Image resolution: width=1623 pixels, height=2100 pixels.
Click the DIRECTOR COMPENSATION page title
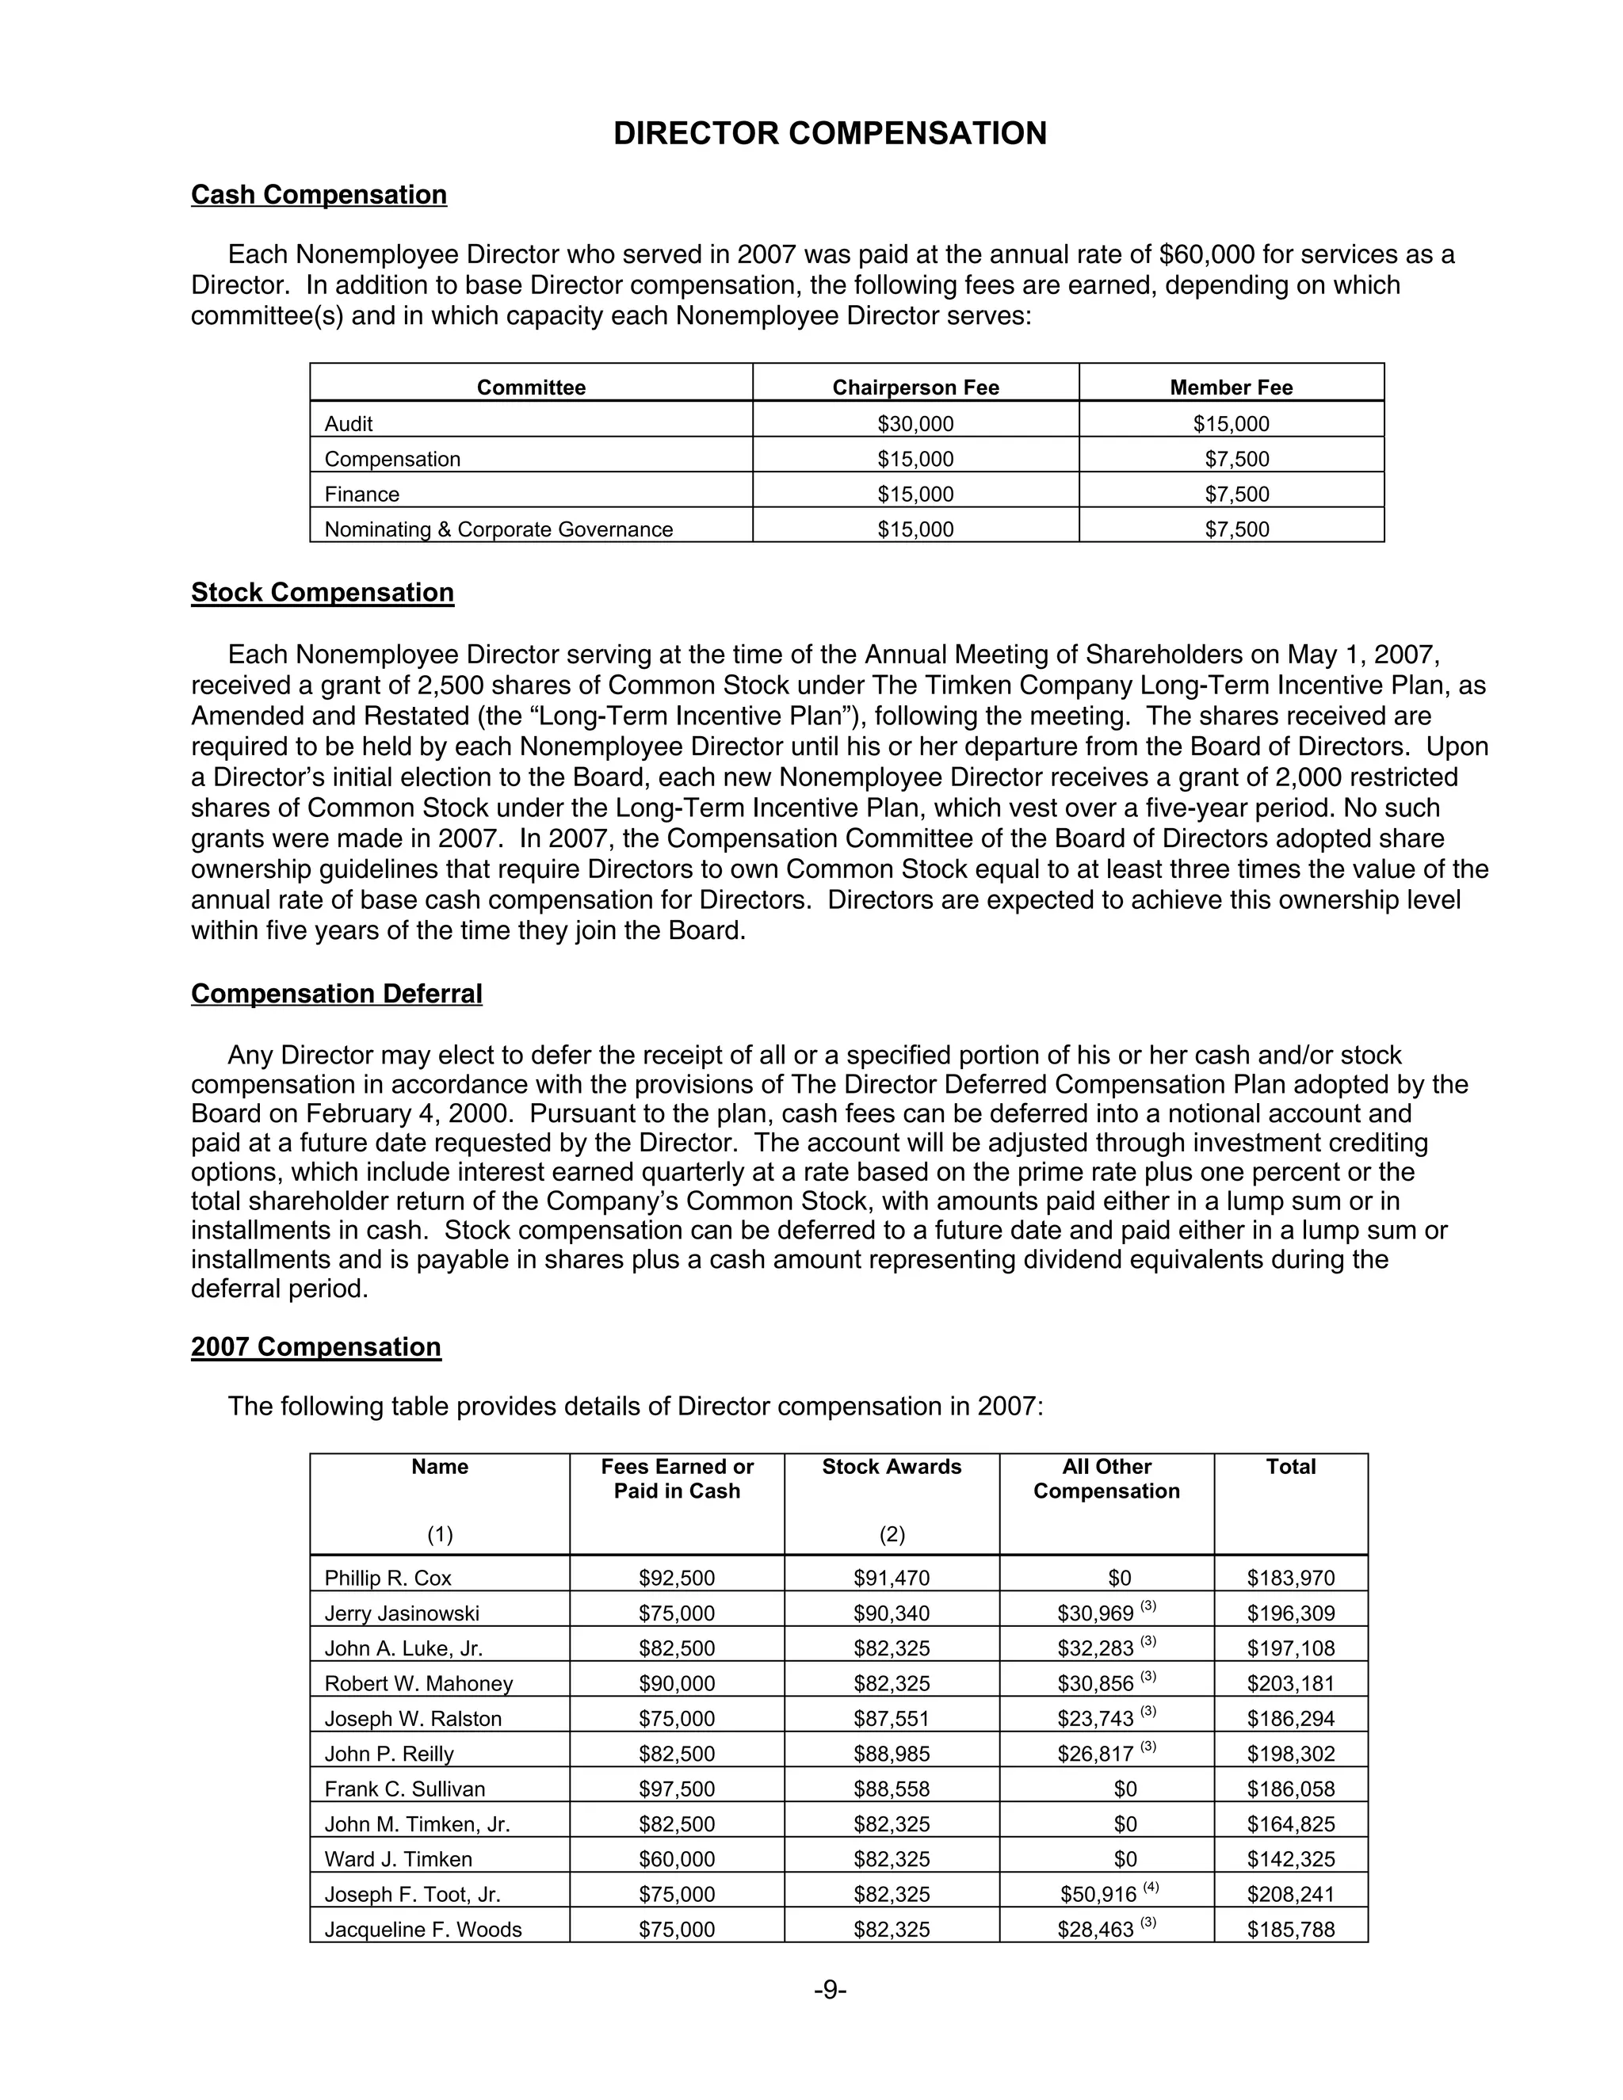pyautogui.click(x=830, y=134)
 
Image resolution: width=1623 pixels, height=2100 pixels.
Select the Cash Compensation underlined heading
pyautogui.click(x=319, y=195)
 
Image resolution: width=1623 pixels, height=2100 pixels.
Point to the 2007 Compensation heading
pyautogui.click(x=315, y=1347)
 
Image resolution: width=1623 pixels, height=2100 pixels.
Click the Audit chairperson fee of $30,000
pyautogui.click(x=915, y=424)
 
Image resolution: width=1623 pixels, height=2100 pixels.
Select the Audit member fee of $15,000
pyautogui.click(x=1231, y=424)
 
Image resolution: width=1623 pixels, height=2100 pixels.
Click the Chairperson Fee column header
pyautogui.click(x=915, y=388)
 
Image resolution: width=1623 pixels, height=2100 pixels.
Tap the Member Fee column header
pyautogui.click(x=1231, y=388)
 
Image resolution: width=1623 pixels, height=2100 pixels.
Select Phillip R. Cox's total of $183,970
pyautogui.click(x=1290, y=1578)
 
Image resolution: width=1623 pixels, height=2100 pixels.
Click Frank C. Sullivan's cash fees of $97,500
pyautogui.click(x=676, y=1789)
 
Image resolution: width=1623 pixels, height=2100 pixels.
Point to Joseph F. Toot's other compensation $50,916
pyautogui.click(x=1098, y=1896)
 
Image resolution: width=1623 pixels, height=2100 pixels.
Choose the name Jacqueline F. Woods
pyautogui.click(x=423, y=1930)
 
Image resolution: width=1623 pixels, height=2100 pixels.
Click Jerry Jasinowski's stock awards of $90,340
pyautogui.click(x=892, y=1613)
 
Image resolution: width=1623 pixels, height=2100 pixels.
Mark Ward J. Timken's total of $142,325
pyautogui.click(x=1290, y=1860)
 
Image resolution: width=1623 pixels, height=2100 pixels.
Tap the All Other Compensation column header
pyautogui.click(x=1106, y=1479)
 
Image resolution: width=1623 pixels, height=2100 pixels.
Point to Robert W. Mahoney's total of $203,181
pyautogui.click(x=1290, y=1684)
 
